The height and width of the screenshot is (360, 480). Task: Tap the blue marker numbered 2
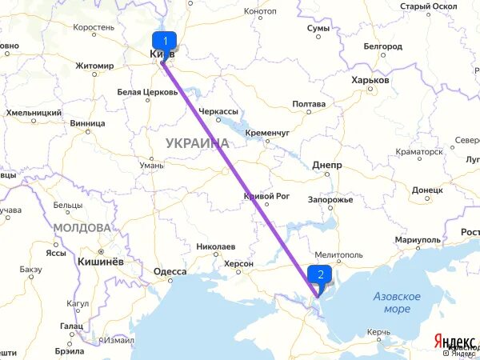[x=321, y=274]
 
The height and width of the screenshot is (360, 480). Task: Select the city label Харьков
[x=370, y=81]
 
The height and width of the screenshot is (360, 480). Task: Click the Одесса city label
[x=170, y=272]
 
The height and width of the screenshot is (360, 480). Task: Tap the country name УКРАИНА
[x=197, y=143]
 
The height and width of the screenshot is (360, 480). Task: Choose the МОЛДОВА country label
[x=82, y=228]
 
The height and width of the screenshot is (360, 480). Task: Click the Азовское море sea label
[x=397, y=302]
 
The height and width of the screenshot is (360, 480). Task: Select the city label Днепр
[x=327, y=166]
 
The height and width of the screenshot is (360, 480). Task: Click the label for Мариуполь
[x=418, y=239]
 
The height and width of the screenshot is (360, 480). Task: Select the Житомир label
[x=96, y=66]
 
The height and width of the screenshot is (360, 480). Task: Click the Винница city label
[x=87, y=124]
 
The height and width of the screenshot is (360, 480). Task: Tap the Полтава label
[x=309, y=104]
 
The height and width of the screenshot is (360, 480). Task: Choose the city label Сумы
[x=318, y=29]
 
